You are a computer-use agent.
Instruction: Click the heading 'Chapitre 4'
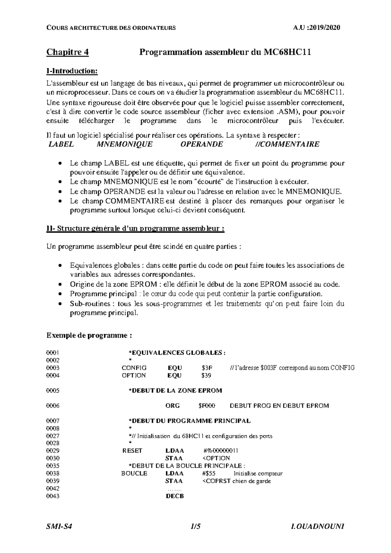tap(67, 52)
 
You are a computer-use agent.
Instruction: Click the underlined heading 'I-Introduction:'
tap(72, 71)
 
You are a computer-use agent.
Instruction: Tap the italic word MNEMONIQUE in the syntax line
tap(124, 144)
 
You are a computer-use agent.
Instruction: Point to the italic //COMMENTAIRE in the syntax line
tap(287, 144)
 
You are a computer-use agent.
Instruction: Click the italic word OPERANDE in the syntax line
tap(202, 144)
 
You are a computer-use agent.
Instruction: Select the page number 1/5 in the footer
tap(195, 526)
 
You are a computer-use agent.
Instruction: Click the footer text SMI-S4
tap(59, 526)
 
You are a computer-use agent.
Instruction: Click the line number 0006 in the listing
tap(53, 406)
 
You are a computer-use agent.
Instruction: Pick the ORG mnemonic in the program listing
tap(172, 406)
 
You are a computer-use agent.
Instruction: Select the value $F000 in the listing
tap(207, 406)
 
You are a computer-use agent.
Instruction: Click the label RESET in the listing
tap(132, 451)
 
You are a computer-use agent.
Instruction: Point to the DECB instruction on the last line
tap(175, 496)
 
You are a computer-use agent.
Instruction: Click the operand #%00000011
tap(221, 451)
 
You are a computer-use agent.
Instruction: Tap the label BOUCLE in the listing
tap(134, 473)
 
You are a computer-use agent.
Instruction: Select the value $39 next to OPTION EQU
tap(206, 375)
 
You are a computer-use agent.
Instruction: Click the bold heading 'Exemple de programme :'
tap(89, 335)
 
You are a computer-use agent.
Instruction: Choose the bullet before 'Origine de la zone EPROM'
tap(59, 285)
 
